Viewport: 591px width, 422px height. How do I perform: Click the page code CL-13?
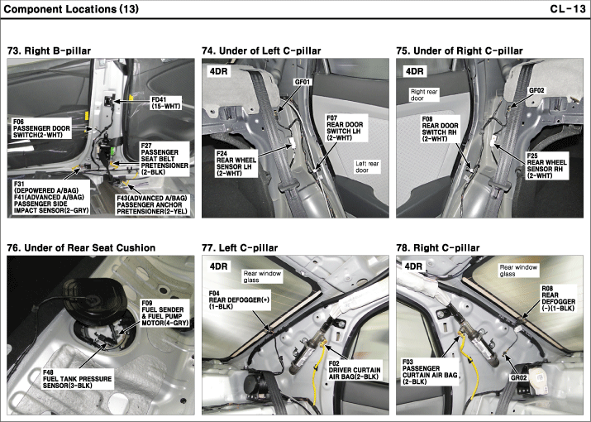coord(568,8)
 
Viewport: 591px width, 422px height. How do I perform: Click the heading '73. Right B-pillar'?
coord(49,50)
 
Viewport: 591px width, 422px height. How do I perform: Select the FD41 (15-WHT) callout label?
coord(166,103)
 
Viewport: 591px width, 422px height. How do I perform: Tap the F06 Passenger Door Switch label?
coord(41,128)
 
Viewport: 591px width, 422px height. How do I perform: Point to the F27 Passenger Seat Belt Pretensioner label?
coord(164,159)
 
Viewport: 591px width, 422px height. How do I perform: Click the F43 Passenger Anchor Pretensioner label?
coord(152,205)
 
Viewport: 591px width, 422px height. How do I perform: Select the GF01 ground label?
coord(303,82)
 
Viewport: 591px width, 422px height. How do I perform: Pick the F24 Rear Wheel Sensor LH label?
coord(236,164)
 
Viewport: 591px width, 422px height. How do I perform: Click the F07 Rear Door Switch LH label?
coord(345,128)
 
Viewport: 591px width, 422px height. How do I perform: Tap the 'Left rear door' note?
coord(368,167)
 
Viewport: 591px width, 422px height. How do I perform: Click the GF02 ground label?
coord(537,90)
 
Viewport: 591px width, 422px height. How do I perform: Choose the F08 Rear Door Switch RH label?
coord(440,129)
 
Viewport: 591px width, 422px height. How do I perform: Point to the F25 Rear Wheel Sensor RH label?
coord(546,165)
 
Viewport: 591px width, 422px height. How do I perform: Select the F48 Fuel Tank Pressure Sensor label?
coord(77,379)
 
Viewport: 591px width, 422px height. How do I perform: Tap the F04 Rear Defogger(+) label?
coord(239,300)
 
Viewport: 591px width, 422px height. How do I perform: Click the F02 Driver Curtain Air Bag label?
coord(355,370)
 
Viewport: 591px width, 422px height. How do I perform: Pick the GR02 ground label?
coord(518,378)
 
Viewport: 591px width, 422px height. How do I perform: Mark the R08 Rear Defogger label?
coord(558,299)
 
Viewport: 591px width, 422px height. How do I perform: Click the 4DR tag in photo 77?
coord(219,266)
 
